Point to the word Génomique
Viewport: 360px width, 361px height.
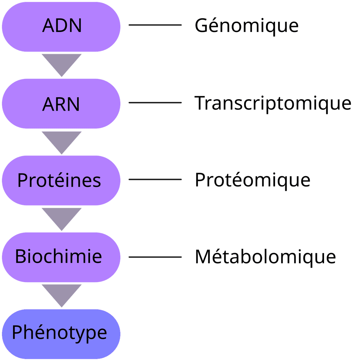247,26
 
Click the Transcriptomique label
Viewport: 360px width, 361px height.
273,103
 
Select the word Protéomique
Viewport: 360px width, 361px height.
252,180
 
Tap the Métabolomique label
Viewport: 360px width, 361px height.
265,257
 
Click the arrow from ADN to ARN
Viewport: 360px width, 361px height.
61,63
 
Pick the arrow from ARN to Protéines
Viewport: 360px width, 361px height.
61,141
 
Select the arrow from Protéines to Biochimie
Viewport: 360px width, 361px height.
61,217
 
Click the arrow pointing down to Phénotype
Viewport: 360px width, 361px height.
61,294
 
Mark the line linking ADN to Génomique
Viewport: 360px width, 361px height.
155,25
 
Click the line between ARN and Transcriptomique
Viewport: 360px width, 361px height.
155,103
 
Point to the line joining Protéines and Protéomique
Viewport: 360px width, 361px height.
155,179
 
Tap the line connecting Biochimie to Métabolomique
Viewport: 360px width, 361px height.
155,257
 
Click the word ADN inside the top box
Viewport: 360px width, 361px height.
62,26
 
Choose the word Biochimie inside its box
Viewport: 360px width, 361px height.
58,256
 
